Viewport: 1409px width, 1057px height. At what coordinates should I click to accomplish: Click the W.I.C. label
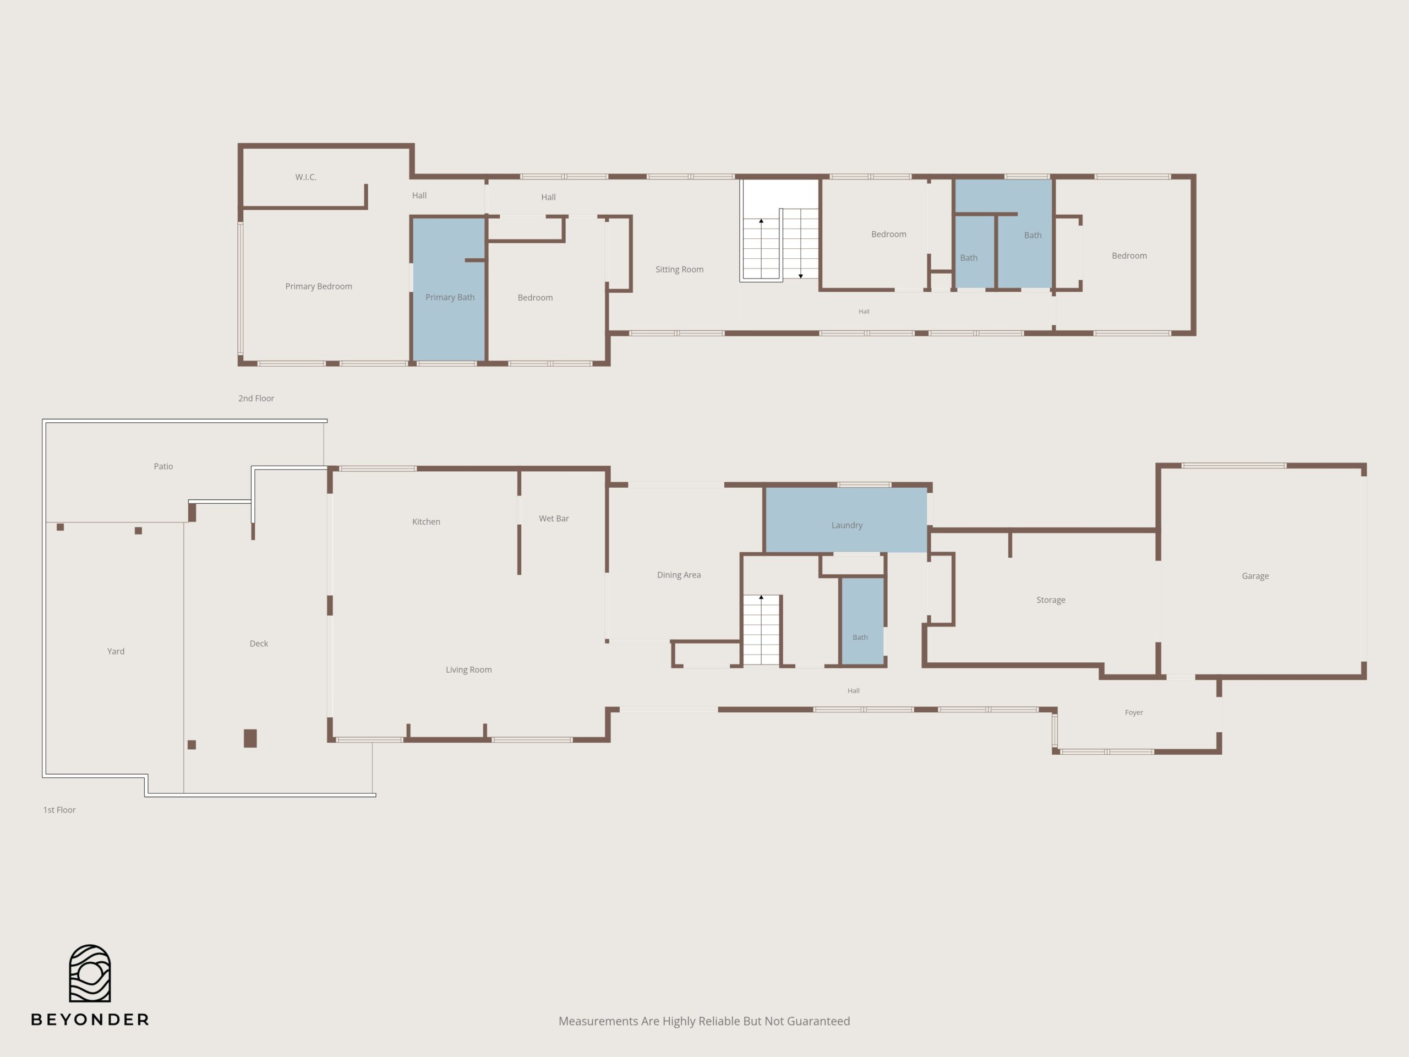[306, 177]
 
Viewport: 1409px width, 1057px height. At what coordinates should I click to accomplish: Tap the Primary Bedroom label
[319, 287]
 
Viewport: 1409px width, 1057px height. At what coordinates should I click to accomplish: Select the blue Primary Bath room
[449, 289]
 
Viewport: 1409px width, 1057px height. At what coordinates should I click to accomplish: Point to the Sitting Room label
[680, 270]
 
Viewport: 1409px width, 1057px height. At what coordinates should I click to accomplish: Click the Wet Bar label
[554, 519]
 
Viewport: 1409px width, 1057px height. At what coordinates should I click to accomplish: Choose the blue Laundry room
[846, 520]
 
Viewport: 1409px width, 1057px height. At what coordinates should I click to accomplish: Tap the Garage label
[1255, 576]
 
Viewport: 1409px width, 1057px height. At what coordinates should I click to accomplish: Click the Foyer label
[1134, 712]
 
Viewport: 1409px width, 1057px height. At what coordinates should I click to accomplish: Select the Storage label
[1050, 600]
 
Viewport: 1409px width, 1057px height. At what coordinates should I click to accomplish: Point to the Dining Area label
[679, 575]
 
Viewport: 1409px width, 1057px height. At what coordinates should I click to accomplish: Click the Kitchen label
[426, 522]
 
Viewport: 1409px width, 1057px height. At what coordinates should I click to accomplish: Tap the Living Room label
[469, 669]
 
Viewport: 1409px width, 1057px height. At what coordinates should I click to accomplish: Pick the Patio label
[163, 466]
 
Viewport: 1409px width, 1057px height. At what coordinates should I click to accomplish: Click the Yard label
[116, 651]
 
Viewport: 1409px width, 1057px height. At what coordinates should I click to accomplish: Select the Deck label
[259, 644]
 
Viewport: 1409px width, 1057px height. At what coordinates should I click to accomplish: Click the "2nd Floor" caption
[256, 398]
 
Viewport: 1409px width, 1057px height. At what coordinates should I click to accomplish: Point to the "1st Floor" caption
[59, 810]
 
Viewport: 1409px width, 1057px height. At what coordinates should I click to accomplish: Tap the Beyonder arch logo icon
[90, 973]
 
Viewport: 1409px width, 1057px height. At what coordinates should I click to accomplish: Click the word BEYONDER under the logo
[90, 1020]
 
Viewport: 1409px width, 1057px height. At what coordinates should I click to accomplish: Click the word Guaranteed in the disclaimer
[820, 1021]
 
